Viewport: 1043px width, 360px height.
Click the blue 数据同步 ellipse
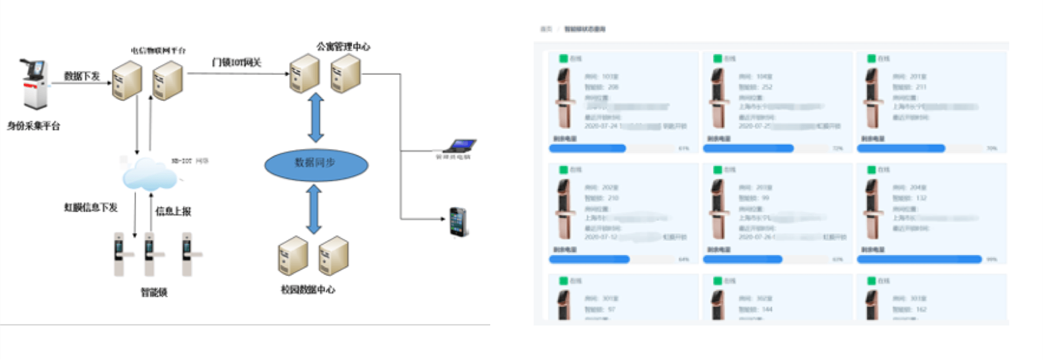coord(316,165)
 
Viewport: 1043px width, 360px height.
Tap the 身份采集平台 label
coord(33,126)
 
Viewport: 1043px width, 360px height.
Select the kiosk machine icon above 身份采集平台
coord(34,83)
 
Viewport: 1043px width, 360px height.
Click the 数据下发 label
coord(82,76)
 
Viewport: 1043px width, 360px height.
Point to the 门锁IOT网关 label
coord(236,63)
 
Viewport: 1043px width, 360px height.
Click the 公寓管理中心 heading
coord(343,47)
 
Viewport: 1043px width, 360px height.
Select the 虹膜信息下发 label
coord(91,207)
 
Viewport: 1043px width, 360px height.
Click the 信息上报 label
coord(173,211)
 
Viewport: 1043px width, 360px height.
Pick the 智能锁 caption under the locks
coord(154,292)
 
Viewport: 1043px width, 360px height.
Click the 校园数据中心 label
coord(308,290)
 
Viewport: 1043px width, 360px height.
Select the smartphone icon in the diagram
coord(458,222)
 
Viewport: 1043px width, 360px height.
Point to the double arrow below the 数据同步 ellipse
coord(314,209)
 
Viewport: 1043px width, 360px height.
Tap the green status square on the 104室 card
coord(717,58)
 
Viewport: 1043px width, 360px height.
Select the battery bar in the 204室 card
coord(919,260)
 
